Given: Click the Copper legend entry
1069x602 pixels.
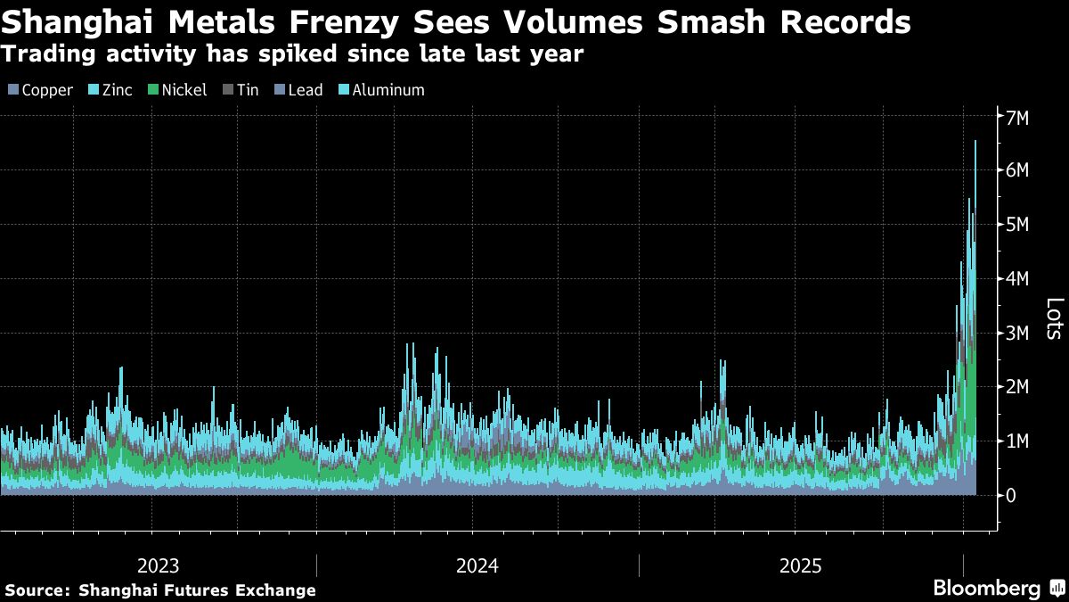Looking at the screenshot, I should pos(41,90).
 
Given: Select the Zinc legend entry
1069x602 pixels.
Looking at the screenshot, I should pos(110,90).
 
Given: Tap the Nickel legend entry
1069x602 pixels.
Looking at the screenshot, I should pos(177,90).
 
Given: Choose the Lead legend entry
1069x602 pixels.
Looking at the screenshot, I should pos(298,90).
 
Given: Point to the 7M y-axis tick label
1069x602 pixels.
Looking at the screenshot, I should pos(1017,117).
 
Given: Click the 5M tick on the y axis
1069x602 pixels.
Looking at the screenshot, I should pos(1017,225).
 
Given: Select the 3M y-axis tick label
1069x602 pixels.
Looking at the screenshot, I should pos(1017,333).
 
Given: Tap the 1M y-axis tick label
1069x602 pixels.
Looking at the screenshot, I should pos(1017,441).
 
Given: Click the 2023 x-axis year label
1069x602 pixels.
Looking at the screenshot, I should pos(159,565).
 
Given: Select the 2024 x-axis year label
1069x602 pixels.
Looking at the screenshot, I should pos(477,565).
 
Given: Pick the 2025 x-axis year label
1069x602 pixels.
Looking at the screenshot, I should pos(801,565).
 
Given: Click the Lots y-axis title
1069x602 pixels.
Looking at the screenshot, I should pos(1052,318).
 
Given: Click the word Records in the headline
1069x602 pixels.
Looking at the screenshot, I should pos(846,21).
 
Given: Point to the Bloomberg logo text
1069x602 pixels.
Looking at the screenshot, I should pos(986,589).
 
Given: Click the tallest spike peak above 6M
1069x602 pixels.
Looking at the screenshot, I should pos(975,141).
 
